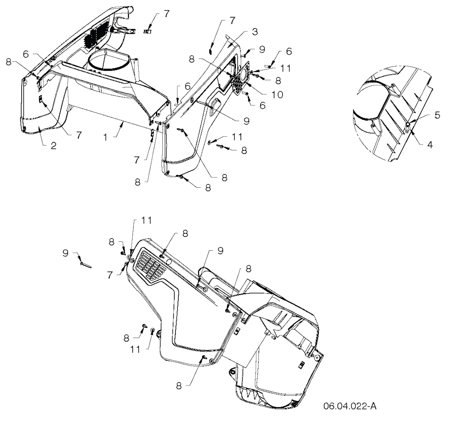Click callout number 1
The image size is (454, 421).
pos(106,137)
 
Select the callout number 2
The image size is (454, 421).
pos(53,146)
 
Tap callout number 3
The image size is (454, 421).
pos(254,31)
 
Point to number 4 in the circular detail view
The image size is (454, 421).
pos(430,145)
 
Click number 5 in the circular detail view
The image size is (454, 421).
pos(437,115)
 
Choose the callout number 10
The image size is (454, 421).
pos(278,94)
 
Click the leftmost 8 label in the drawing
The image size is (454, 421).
pos(8,62)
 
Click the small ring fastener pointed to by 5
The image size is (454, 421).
pos(407,125)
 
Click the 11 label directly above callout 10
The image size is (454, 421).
pos(285,68)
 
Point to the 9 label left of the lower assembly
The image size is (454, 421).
pos(66,253)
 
